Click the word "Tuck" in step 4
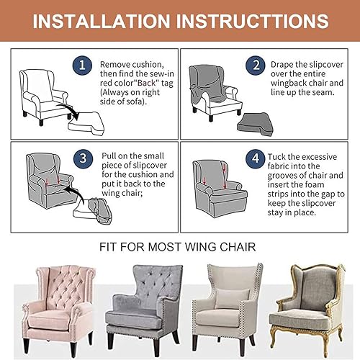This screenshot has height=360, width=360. point(278,156)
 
